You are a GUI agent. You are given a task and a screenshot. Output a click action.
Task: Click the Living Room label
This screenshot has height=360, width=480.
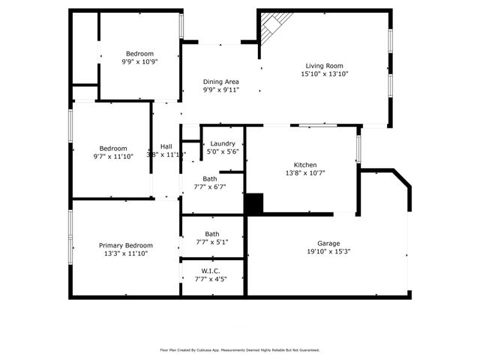tap(325, 65)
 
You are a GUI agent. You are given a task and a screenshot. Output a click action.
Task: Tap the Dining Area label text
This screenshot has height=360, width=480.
tap(221, 81)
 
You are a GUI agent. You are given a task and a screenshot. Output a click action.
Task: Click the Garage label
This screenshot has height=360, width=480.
tap(328, 243)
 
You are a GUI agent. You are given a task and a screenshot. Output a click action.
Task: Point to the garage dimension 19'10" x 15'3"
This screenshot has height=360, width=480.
tap(328, 252)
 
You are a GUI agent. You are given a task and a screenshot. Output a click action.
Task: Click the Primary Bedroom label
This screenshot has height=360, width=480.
tap(126, 245)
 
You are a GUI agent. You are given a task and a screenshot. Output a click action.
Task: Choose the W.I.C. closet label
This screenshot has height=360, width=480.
tap(210, 270)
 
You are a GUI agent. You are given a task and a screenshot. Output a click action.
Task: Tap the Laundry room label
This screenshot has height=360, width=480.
tap(223, 143)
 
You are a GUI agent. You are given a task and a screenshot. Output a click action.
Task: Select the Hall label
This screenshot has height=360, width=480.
tap(166, 146)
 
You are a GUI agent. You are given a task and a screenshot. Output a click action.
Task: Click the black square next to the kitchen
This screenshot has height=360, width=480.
tap(255, 203)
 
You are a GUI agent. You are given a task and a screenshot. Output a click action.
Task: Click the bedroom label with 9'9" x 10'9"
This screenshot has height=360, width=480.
tap(139, 53)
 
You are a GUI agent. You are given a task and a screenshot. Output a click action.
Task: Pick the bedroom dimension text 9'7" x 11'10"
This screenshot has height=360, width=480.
tap(111, 157)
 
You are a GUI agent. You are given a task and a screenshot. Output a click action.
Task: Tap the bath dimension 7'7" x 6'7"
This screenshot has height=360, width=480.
tap(210, 187)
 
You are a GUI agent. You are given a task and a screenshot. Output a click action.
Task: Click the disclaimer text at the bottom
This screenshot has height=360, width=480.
tap(239, 349)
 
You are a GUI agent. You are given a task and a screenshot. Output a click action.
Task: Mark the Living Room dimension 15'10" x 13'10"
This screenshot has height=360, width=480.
tap(325, 74)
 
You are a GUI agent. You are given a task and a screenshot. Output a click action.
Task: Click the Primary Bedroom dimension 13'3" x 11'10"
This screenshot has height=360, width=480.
tap(126, 254)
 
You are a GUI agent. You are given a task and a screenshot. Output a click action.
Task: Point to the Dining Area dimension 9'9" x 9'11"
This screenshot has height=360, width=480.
tap(221, 90)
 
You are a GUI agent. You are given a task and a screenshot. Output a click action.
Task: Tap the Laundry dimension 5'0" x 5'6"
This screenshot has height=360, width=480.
tap(223, 151)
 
